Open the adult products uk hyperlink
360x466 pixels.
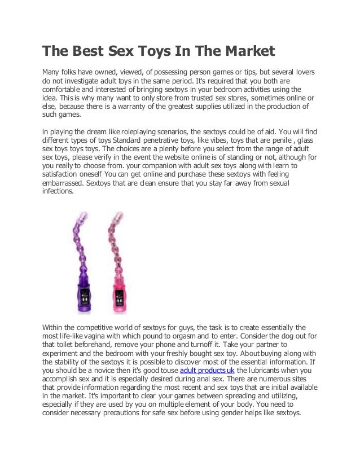pyautogui.click(x=207, y=371)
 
